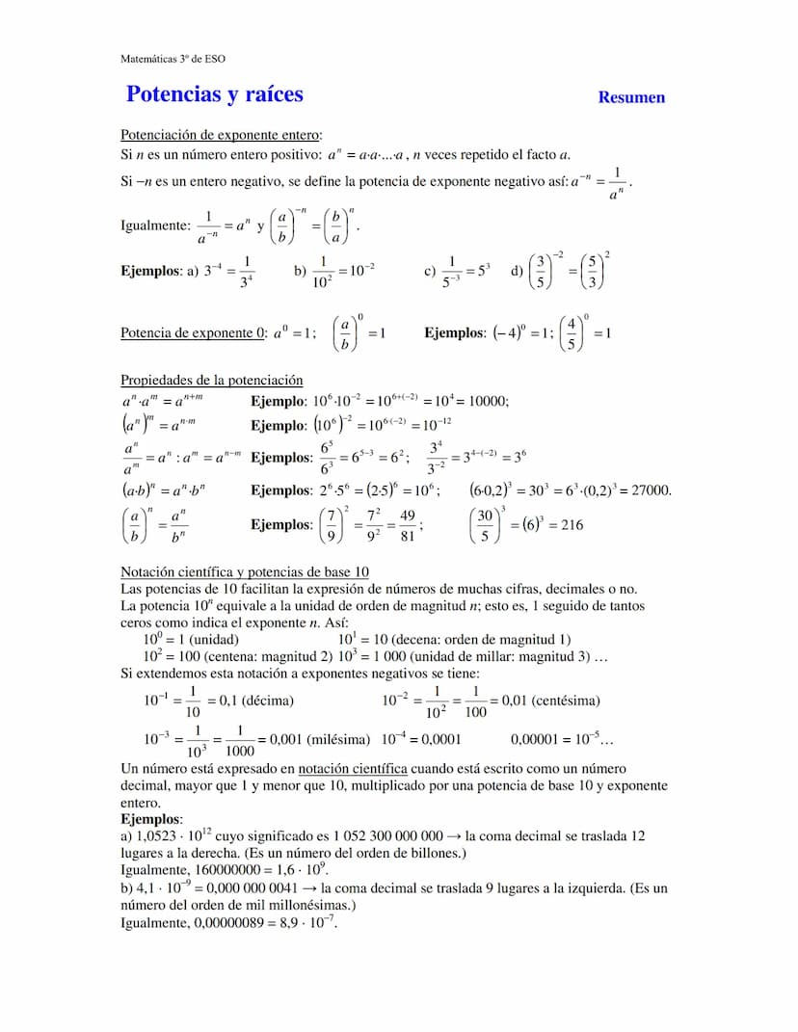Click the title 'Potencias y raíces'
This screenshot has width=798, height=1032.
click(214, 94)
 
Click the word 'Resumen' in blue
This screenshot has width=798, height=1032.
click(631, 97)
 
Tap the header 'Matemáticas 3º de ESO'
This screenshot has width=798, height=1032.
click(173, 59)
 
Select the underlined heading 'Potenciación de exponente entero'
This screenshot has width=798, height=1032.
click(221, 135)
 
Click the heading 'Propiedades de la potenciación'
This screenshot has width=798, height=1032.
click(211, 381)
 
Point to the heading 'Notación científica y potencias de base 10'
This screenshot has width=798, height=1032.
click(245, 571)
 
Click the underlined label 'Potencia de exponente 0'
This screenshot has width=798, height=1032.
click(193, 333)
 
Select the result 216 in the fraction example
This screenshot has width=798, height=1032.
click(570, 525)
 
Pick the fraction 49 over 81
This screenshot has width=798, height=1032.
click(408, 525)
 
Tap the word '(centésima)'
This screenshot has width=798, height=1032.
click(566, 701)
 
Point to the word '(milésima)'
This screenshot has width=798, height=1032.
click(338, 740)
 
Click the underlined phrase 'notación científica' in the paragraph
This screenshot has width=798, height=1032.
click(352, 769)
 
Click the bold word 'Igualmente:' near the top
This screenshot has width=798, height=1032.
click(156, 226)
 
